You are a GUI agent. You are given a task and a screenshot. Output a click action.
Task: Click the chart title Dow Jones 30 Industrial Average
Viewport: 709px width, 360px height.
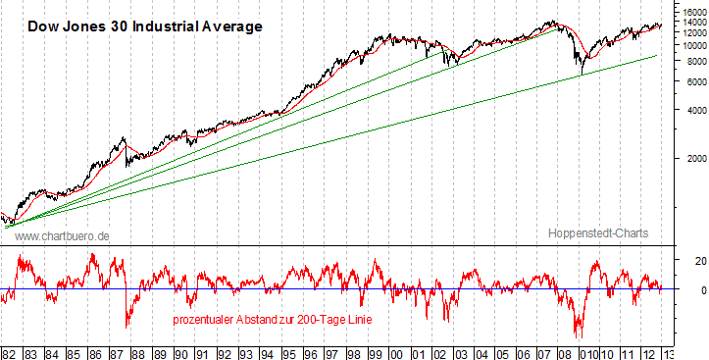click(144, 26)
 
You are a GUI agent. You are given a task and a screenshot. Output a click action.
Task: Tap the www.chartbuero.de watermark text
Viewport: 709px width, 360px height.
click(63, 236)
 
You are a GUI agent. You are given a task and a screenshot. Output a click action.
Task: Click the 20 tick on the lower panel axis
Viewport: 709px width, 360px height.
click(686, 261)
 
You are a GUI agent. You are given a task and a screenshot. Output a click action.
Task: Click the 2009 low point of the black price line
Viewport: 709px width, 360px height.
click(582, 74)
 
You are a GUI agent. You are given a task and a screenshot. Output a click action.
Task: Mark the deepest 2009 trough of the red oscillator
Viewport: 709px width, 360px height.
click(579, 336)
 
